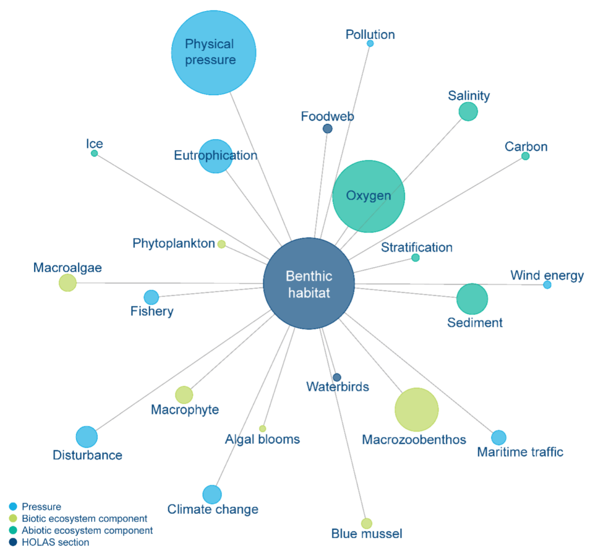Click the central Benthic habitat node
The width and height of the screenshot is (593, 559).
coord(309,284)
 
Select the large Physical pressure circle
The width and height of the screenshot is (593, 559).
coord(214,53)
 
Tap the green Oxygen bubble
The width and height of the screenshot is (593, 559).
coord(368,196)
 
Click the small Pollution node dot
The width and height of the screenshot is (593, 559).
coord(370,43)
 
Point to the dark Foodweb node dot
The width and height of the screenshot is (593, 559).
coord(327,129)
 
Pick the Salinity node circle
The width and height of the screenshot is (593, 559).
coord(468,111)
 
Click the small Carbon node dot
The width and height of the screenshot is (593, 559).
coord(525,156)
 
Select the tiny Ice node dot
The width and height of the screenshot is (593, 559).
coord(94,154)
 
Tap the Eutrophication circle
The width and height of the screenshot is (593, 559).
coord(215,156)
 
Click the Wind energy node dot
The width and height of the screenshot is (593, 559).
coord(547,284)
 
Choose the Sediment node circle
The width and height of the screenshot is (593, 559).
coord(472,299)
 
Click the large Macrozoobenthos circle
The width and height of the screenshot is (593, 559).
coord(416,410)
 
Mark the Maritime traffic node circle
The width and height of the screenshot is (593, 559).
coord(499,438)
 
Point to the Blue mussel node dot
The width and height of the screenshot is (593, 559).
coord(367,524)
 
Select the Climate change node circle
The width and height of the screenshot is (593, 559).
coord(212,495)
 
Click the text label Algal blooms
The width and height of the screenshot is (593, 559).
coord(262,440)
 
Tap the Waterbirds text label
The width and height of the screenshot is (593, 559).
coord(338,387)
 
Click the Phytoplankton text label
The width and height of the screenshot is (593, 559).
coord(174,243)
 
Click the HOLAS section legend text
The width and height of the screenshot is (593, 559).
coord(56,543)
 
